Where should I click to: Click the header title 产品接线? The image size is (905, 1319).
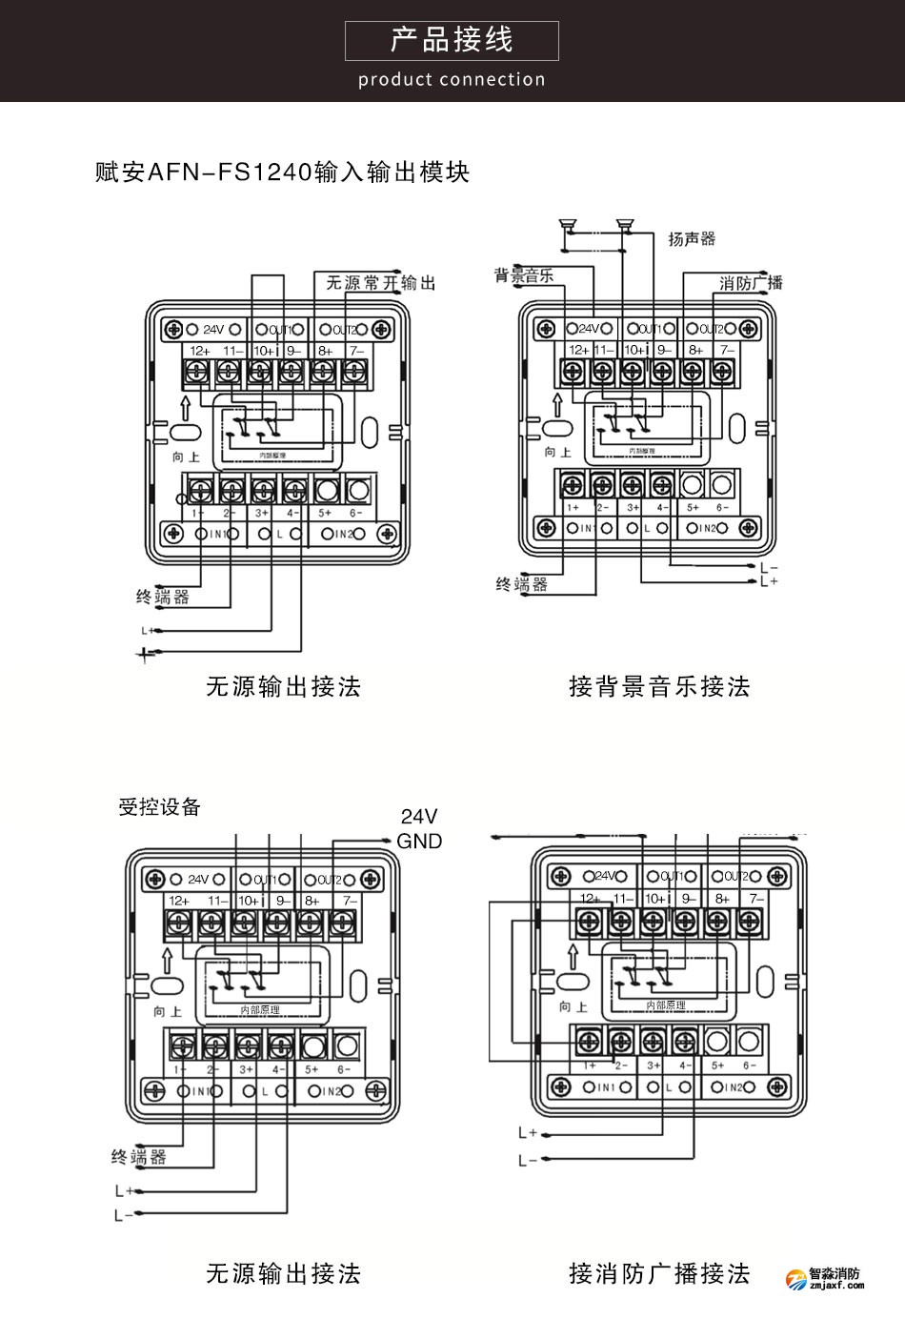pos(452,40)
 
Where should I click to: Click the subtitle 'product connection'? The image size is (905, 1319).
pos(452,80)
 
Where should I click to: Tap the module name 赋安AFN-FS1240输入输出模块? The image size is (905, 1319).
pos(283,172)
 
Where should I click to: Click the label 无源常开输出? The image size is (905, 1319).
pos(380,283)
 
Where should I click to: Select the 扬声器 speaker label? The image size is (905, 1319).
pos(692,238)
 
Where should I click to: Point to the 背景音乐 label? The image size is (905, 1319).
pos(523,276)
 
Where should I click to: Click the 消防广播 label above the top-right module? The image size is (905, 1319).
pos(751,283)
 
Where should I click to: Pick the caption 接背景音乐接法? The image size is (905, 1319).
pos(659,686)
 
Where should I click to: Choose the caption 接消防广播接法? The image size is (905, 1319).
pos(659,1273)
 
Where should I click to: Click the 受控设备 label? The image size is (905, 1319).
pos(159,807)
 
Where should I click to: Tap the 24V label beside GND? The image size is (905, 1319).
pos(419,817)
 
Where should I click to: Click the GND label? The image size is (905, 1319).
pos(419,842)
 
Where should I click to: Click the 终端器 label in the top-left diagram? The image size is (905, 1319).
pos(162,598)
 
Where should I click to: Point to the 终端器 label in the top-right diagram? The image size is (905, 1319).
pos(521,584)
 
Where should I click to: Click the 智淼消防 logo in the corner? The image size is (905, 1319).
pos(825,1278)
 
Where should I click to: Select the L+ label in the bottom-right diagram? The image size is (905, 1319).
pos(528,1133)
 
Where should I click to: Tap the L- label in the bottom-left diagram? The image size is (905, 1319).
pos(123,1215)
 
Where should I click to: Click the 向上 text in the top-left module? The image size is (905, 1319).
pos(186,457)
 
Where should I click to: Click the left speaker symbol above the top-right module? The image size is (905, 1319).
pos(567,226)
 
